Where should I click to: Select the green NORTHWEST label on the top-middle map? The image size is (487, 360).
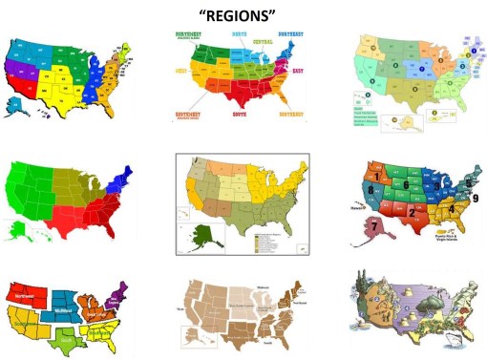tap(194, 36)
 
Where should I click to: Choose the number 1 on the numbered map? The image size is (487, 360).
tap(380, 176)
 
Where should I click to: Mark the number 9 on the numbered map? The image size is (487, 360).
tap(474, 198)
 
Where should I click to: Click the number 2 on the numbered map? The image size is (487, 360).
tap(412, 210)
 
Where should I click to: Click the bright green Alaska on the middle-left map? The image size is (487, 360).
tap(16, 227)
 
